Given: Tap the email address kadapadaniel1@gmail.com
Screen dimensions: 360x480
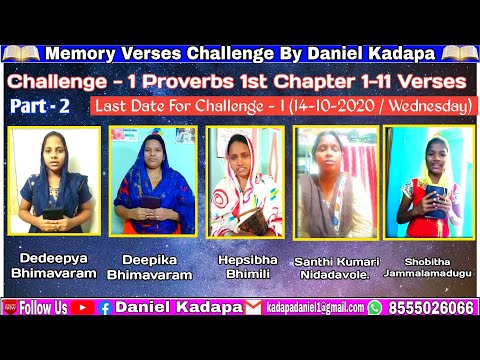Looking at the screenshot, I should pos(313,308).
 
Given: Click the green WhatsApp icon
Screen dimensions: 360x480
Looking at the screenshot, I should pos(375,308).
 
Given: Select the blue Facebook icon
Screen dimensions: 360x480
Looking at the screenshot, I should pos(104,308).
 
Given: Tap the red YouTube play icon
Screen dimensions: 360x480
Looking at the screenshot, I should pos(80,308).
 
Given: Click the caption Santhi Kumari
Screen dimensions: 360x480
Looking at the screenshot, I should pos(335,260).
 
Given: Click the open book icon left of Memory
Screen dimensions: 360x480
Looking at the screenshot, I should pos(23,52).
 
